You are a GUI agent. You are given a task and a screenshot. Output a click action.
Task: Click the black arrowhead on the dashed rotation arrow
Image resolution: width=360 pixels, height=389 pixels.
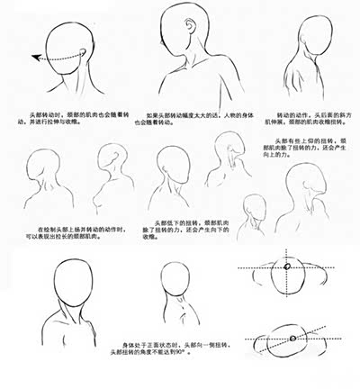pos(34,59)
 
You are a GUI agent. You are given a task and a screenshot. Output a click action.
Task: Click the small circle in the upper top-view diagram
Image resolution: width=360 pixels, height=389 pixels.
pos(285,267)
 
